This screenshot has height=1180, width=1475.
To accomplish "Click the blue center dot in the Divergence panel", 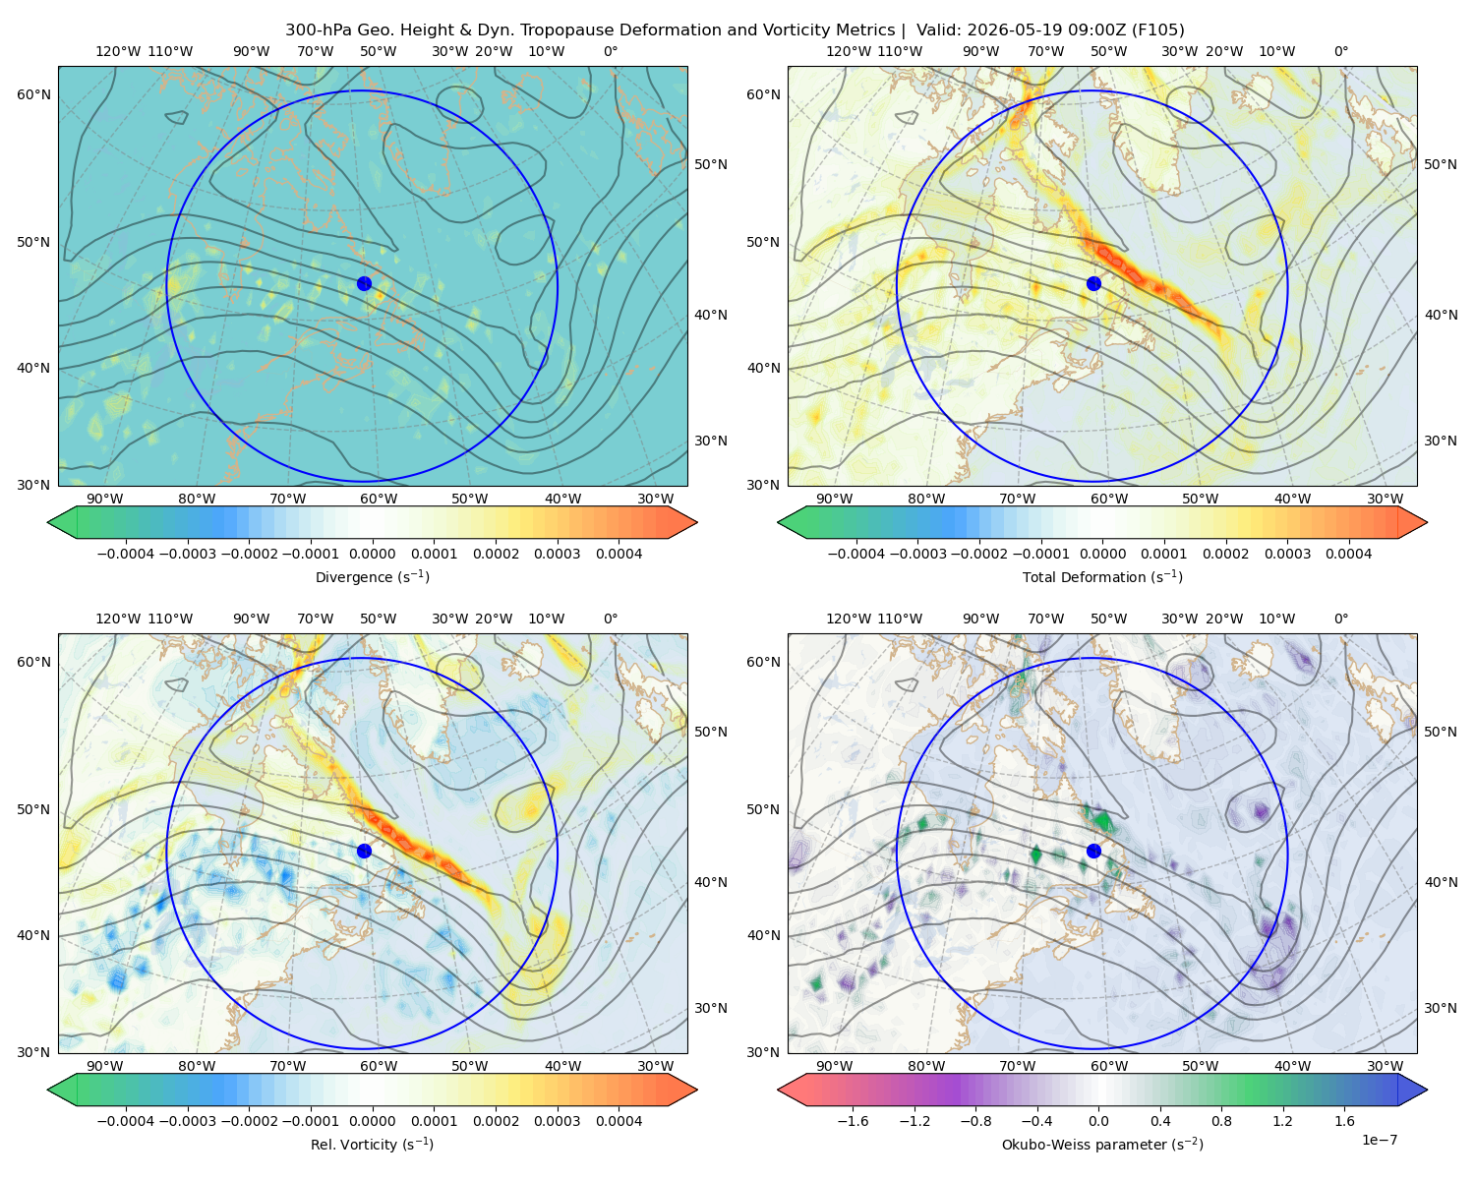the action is click(364, 283).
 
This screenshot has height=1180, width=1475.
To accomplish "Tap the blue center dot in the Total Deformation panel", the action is click(1093, 283).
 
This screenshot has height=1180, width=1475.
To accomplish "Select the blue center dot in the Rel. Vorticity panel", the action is click(364, 851).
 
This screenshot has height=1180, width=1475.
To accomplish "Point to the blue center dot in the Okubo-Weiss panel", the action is click(1093, 851).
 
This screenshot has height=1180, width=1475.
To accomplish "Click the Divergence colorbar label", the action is click(372, 577).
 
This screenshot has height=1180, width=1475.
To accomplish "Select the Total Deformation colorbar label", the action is click(1102, 577).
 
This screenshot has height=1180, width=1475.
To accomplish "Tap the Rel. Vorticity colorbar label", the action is click(372, 1145).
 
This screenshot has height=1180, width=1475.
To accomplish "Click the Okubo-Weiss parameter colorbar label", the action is click(1102, 1145).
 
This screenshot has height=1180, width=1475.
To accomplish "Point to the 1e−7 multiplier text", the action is click(1379, 1140).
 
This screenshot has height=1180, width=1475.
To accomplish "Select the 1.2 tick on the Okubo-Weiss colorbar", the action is click(1282, 1121).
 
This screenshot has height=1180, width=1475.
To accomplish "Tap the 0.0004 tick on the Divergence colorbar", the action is click(619, 554).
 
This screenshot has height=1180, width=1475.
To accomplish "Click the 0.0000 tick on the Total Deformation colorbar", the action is click(1102, 554).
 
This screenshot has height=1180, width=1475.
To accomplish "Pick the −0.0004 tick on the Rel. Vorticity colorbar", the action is click(126, 1121).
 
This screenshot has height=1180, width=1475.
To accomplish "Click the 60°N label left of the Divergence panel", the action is click(33, 94).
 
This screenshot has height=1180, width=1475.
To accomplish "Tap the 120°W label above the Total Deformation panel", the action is click(848, 51).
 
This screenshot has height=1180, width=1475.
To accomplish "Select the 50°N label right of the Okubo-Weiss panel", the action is click(1440, 732).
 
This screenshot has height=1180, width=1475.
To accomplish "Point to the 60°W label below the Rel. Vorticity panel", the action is click(379, 1066).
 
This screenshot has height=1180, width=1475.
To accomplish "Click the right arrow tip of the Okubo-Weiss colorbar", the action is click(1427, 1090).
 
